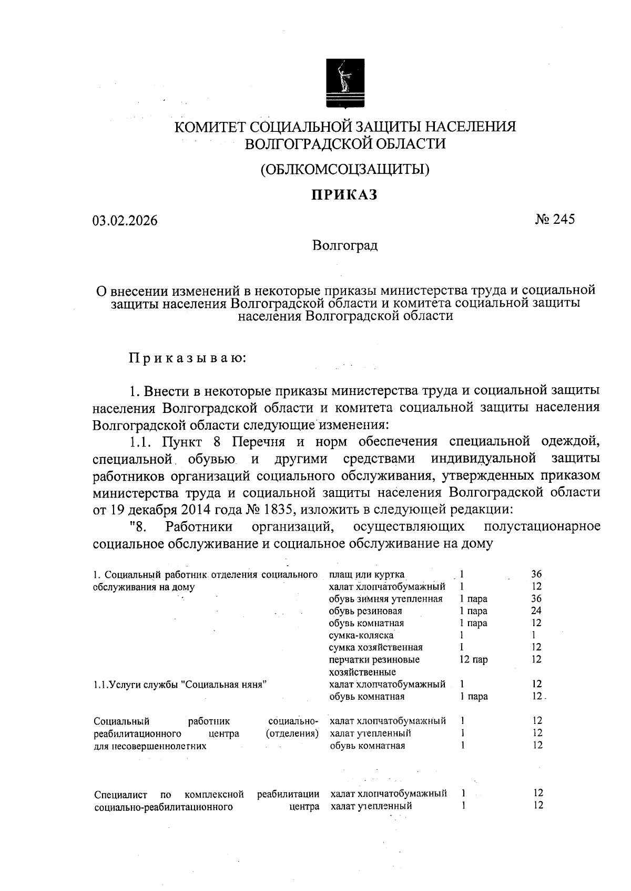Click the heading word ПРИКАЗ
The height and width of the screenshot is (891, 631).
pyautogui.click(x=344, y=195)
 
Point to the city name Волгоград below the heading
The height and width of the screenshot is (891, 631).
pyautogui.click(x=345, y=245)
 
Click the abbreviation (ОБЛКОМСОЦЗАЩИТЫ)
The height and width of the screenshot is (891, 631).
pyautogui.click(x=345, y=169)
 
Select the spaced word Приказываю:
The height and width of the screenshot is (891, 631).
pyautogui.click(x=188, y=359)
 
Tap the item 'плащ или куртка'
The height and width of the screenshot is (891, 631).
pyautogui.click(x=367, y=574)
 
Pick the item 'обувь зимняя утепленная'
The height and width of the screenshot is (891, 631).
pyautogui.click(x=385, y=599)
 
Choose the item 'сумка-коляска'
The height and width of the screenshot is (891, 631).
pyautogui.click(x=361, y=636)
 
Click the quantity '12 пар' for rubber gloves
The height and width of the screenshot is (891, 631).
pyautogui.click(x=473, y=660)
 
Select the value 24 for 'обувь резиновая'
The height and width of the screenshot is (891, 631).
pyautogui.click(x=536, y=611)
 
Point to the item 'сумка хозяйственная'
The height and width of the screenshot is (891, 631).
pyautogui.click(x=375, y=648)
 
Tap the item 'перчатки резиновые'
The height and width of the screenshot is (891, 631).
pyautogui.click(x=374, y=660)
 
